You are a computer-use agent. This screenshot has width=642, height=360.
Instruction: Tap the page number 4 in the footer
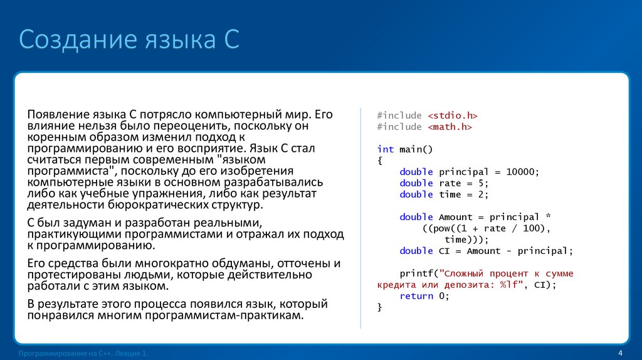point(619,352)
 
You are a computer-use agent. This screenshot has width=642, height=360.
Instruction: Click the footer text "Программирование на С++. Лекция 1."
point(84,354)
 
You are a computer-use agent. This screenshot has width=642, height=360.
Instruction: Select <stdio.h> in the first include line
point(453,115)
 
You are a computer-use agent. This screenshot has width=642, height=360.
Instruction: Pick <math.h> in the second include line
point(450,127)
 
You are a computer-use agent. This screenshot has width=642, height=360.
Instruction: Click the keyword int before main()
point(386,149)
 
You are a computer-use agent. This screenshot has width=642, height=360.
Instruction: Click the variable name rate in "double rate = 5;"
point(450,183)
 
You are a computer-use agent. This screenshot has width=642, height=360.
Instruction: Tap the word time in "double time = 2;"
point(450,194)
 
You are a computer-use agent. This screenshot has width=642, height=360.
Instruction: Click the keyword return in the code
point(417,296)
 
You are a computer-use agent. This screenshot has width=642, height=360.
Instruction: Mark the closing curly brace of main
point(380,307)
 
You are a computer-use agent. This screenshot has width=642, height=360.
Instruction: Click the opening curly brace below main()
point(380,161)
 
